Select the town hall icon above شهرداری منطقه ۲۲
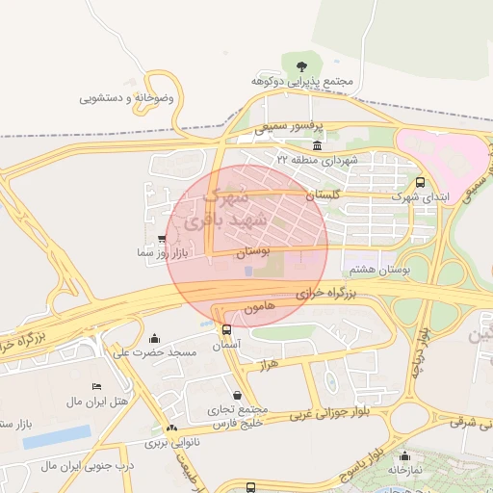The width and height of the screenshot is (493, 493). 318,145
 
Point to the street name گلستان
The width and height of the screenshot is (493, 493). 324,195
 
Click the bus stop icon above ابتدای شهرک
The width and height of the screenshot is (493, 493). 419,182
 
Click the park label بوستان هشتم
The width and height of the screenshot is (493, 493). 406,271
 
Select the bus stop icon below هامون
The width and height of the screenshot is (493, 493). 226,329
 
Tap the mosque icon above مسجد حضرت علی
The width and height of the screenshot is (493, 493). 155,339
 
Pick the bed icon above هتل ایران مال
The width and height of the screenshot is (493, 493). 95,385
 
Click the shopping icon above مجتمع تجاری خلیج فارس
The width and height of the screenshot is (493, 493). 238,395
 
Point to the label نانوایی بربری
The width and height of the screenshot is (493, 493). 169,444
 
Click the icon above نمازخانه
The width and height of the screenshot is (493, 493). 403,457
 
